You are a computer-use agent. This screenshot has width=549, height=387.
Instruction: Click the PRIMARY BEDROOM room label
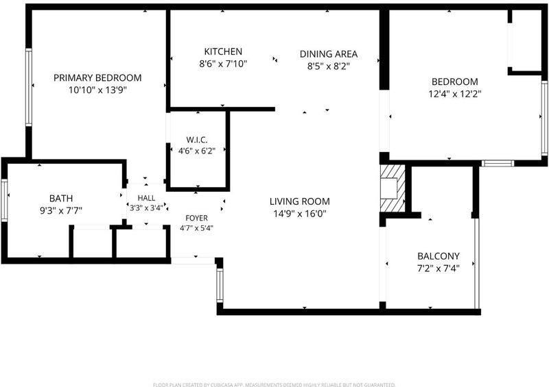(97, 77)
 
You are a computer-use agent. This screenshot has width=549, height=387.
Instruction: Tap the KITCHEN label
(223, 52)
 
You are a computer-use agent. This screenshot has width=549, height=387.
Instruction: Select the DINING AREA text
(329, 54)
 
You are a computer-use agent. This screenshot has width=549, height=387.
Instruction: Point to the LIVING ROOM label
(300, 201)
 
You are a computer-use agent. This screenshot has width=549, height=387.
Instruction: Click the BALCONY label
(439, 256)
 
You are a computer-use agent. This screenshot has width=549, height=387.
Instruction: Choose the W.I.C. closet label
(197, 140)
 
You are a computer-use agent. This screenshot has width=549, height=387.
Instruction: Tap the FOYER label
(196, 218)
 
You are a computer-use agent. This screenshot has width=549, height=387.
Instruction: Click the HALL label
(146, 198)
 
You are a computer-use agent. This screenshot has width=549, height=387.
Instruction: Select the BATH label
(61, 198)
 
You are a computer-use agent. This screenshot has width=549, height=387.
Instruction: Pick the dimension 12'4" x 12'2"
(455, 94)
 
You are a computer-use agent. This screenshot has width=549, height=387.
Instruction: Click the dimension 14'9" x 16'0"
(300, 214)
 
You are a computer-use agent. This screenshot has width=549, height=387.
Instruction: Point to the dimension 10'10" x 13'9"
(97, 90)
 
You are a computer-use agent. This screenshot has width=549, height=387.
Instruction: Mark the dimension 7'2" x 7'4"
(439, 269)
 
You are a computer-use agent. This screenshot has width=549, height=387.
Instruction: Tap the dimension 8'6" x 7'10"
(223, 64)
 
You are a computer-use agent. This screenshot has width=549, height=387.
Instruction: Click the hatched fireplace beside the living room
(393, 188)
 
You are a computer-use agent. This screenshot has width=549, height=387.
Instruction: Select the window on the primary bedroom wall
(29, 88)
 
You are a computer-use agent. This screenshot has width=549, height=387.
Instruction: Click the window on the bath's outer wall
(4, 200)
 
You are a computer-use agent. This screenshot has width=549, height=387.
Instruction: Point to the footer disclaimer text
(274, 385)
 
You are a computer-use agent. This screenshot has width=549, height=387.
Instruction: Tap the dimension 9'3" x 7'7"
(61, 211)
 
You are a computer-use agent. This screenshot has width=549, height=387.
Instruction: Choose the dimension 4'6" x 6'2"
(197, 151)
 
